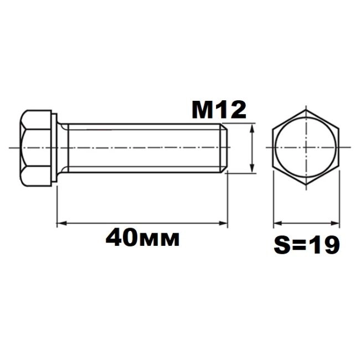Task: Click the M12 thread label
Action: (219, 110)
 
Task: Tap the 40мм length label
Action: (142, 238)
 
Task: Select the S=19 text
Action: (307, 245)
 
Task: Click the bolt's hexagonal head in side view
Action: (35, 148)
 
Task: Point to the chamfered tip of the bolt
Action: (224, 148)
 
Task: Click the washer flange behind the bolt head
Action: (54, 148)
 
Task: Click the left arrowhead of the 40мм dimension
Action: (61, 223)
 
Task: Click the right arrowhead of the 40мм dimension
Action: (223, 223)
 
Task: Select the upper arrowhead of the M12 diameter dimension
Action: (253, 128)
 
